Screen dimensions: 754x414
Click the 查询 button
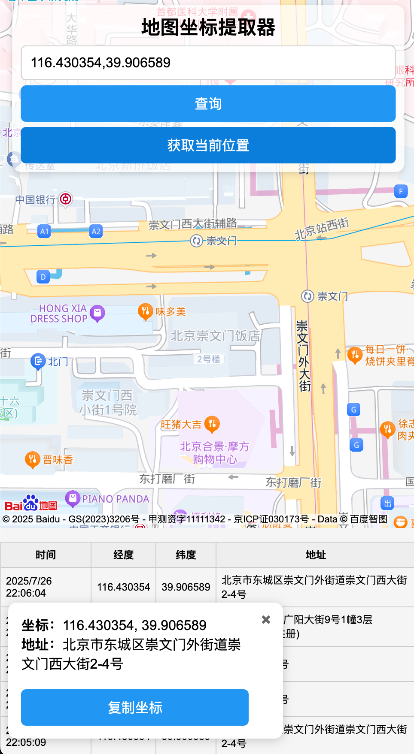[208, 103]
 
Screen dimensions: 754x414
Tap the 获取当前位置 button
[208, 145]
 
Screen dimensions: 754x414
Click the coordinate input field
[208, 63]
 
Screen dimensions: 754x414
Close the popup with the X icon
[266, 619]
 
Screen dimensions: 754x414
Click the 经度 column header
[123, 555]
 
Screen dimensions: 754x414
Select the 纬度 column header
[186, 555]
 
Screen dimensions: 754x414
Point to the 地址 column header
[315, 555]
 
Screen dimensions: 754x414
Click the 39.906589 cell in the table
[186, 587]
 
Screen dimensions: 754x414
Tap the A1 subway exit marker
[44, 232]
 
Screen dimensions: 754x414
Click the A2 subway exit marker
[96, 232]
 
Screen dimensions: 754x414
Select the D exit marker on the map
[43, 277]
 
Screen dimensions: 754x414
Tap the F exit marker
[401, 191]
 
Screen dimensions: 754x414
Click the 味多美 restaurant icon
[146, 311]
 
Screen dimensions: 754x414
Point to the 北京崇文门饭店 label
[215, 336]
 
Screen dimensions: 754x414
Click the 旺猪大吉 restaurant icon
[212, 424]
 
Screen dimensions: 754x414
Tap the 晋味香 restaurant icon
[33, 459]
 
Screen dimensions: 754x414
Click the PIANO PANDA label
[116, 499]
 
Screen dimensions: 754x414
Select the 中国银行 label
[35, 200]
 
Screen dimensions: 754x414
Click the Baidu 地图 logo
[31, 504]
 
